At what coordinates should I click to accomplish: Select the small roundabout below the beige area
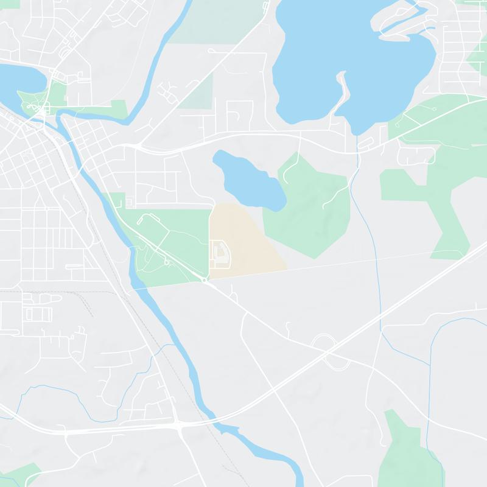(205, 279)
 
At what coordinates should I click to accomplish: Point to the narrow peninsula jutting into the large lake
(343, 91)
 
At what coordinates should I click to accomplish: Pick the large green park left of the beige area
(170, 243)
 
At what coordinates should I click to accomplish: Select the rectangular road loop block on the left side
(38, 314)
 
